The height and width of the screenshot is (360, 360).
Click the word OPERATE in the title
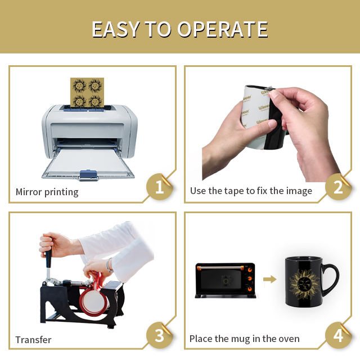[x=223, y=29]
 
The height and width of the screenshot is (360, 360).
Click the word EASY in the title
[x=115, y=29]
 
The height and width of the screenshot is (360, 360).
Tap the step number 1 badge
[x=159, y=186]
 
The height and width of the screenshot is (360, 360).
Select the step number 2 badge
[x=338, y=186]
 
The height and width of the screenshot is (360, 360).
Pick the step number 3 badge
[x=159, y=335]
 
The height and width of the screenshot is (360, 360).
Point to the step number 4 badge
[x=338, y=335]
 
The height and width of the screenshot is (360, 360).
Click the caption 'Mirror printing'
[x=47, y=192]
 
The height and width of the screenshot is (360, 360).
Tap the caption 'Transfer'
[x=33, y=340]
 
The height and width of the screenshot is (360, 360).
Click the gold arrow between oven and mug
[x=270, y=280]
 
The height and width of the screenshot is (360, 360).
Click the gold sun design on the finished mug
[x=304, y=285]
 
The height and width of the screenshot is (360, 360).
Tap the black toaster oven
[x=226, y=280]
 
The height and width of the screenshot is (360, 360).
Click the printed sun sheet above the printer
[x=87, y=92]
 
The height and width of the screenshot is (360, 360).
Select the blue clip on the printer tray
[x=88, y=175]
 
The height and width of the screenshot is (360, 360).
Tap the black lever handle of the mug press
[x=49, y=258]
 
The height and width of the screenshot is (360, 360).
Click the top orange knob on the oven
[x=250, y=271]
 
